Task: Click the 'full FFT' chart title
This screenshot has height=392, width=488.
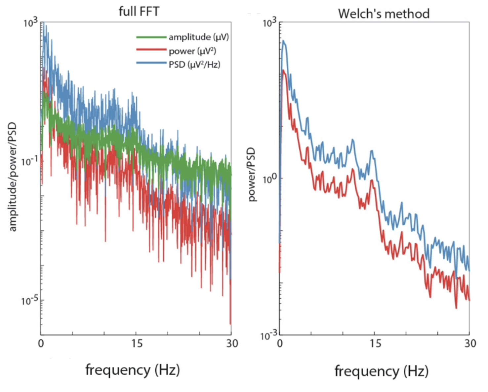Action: coord(139,12)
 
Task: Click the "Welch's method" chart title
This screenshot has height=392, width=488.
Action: coord(384,14)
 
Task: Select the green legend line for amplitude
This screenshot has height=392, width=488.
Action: coord(151,37)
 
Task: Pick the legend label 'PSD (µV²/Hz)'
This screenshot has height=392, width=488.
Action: coord(194,64)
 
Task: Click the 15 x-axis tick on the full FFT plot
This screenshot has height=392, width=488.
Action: coord(137,343)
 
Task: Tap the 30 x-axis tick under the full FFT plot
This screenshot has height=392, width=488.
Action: coord(232,343)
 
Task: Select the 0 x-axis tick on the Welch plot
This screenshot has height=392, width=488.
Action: coord(280,343)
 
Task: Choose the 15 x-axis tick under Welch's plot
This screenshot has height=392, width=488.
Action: coord(375,343)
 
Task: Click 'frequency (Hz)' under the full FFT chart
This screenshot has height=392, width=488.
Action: coord(133,370)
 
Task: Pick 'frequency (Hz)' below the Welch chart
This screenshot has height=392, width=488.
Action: coord(382,371)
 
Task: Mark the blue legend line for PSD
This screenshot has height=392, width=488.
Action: coord(151,63)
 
